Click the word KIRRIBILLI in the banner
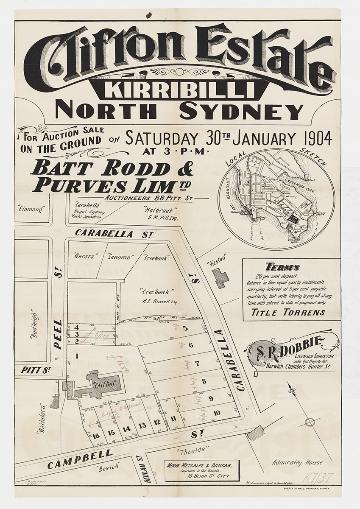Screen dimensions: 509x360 click(x=179, y=89)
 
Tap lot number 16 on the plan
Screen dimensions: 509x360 click(x=96, y=436)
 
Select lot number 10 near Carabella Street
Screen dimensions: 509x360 click(x=217, y=413)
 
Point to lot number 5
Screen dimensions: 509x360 click(x=185, y=328)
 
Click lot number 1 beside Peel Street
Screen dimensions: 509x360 click(x=77, y=356)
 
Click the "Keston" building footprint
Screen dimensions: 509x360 click(x=221, y=278)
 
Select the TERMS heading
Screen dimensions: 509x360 click(x=282, y=267)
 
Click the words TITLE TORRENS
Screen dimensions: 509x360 click(x=288, y=313)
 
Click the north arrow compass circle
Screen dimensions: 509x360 click(x=310, y=422)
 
